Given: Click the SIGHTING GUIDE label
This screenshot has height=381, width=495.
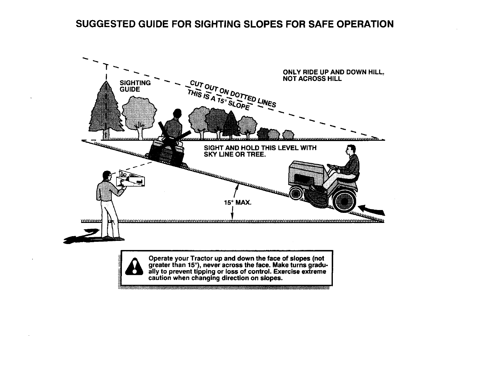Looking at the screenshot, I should pos(135,86).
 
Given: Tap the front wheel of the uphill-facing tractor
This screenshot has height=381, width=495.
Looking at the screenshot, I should pos(296,192).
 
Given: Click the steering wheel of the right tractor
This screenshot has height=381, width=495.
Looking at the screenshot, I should pos(332,167).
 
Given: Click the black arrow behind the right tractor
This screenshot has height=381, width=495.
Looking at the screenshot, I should pos(373,210).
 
